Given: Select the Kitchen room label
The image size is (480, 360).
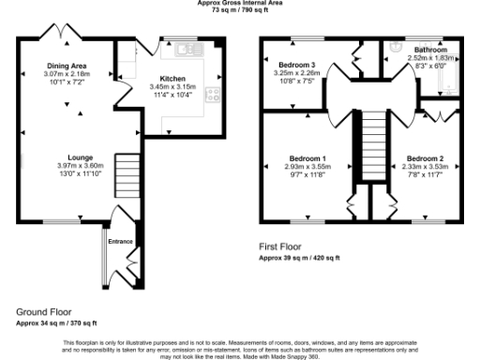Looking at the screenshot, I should click(173, 79).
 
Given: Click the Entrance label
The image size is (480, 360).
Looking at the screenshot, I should click(121, 242).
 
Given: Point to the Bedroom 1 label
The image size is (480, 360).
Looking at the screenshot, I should click(309, 157).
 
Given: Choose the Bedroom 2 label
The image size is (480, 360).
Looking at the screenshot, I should click(425, 157).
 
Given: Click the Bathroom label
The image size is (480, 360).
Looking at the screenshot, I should click(430, 49).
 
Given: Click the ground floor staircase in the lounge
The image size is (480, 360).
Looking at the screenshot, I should click(126, 171).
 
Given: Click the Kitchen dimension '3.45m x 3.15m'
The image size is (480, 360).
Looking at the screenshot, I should click(173, 87).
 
